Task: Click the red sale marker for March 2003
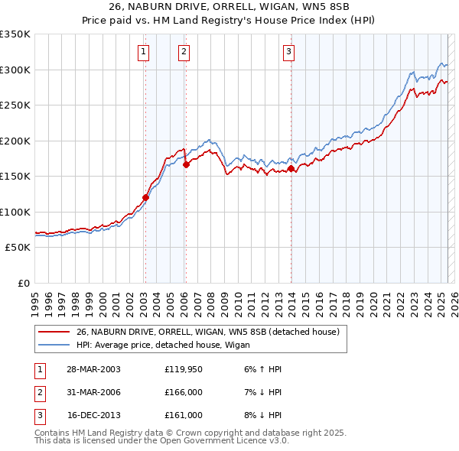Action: pos(145,197)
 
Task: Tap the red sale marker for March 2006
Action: pos(186,164)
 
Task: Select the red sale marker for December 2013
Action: pos(291,169)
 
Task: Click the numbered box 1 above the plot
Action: pos(144,52)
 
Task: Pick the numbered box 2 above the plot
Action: pos(184,52)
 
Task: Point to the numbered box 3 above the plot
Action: pos(289,52)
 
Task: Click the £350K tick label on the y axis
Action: pos(15,34)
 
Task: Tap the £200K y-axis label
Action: pos(15,141)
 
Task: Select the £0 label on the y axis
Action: pos(23,284)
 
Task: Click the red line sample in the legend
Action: pos(54,332)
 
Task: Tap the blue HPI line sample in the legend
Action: pos(54,345)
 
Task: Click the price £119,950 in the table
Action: pos(183,369)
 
